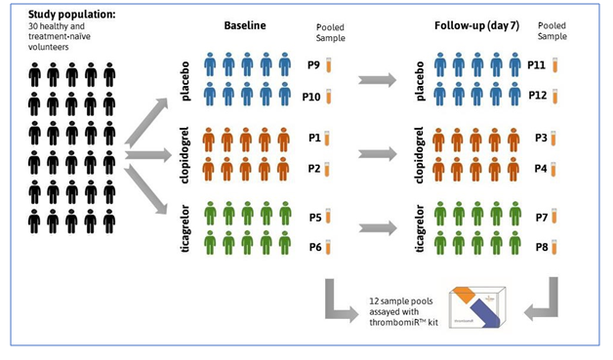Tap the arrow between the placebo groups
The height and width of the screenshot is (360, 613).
click(x=376, y=82)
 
